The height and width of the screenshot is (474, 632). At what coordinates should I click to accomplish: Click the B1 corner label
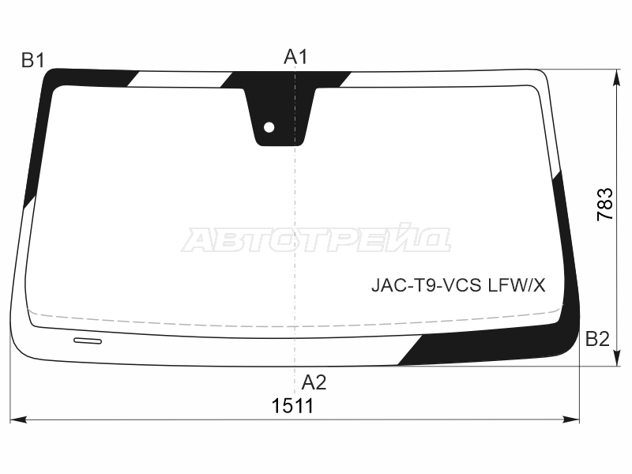[x=33, y=61]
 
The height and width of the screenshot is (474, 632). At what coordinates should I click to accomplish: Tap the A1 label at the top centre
[x=295, y=57]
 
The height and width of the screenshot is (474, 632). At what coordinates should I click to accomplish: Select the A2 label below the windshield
[x=314, y=382]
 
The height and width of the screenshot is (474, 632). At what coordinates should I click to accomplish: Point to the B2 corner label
[x=597, y=340]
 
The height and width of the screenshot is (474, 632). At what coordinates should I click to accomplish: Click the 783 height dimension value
[x=604, y=205]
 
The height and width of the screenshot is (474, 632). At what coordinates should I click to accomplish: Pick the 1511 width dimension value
[x=292, y=406]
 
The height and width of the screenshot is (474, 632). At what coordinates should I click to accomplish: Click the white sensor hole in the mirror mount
[x=269, y=127]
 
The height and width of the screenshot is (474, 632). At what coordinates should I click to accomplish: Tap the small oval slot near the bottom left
[x=88, y=341]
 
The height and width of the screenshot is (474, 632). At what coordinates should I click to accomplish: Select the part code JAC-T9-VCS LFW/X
[x=458, y=286]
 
